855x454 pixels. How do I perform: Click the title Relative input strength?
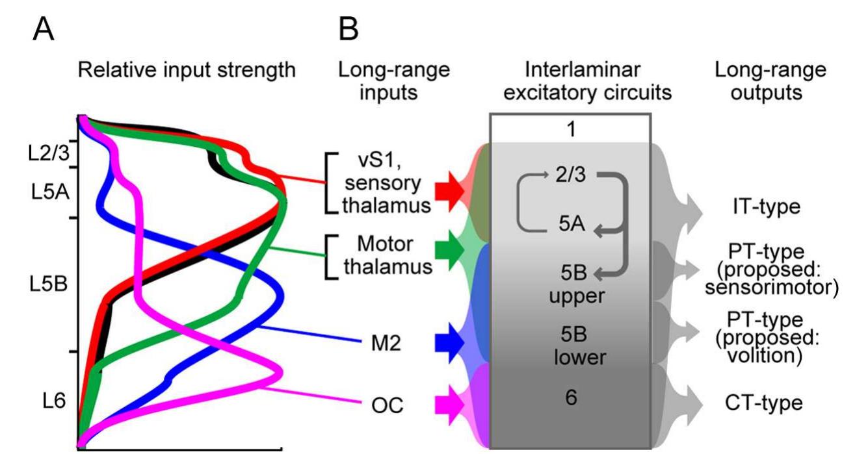point(187,70)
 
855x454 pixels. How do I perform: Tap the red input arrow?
point(447,190)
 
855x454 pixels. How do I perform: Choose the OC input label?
point(384,405)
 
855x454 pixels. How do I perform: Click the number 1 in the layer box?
point(570,129)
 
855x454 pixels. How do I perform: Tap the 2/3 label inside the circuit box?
point(570,177)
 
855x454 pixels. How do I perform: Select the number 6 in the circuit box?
point(571,397)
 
